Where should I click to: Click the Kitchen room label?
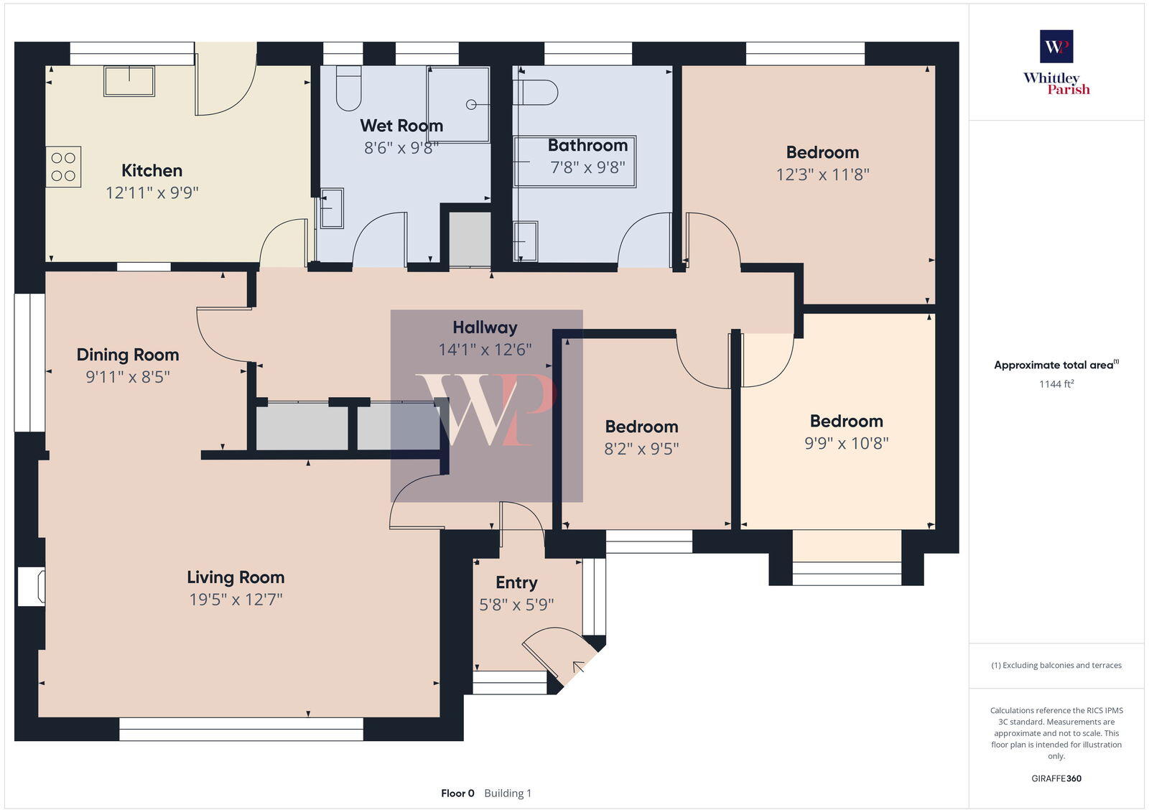click(152, 170)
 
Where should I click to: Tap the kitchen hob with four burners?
click(63, 167)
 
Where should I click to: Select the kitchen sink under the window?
click(129, 81)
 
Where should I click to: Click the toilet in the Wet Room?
click(349, 88)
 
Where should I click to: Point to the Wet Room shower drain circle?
click(471, 105)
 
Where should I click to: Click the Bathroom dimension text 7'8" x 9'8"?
click(587, 167)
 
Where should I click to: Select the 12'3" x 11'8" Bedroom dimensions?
click(822, 174)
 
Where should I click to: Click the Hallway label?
click(485, 327)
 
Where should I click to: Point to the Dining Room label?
click(128, 355)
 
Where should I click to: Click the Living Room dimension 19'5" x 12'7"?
click(236, 599)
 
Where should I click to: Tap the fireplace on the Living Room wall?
click(32, 586)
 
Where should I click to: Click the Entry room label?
click(516, 582)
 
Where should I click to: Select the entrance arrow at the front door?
click(578, 668)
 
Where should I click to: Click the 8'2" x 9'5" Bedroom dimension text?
click(641, 448)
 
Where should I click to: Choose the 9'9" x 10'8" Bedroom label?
click(846, 422)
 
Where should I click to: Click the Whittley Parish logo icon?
click(1056, 47)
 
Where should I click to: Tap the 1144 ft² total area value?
click(1056, 384)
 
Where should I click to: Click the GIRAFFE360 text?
click(1056, 778)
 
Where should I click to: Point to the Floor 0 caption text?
click(457, 793)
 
